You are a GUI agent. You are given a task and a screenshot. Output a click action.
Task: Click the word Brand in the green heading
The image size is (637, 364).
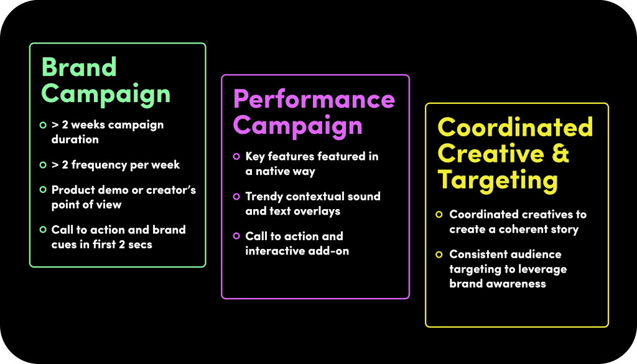click(x=79, y=67)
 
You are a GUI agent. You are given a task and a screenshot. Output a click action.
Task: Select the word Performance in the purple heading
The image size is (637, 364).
click(x=314, y=99)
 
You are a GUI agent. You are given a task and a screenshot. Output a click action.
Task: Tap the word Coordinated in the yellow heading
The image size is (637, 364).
click(x=515, y=127)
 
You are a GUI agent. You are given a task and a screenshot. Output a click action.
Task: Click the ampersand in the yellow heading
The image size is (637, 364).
click(x=560, y=153)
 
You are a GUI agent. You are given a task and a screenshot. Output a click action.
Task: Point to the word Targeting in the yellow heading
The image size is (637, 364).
click(x=498, y=180)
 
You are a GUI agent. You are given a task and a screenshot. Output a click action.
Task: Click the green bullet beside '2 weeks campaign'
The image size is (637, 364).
click(x=43, y=125)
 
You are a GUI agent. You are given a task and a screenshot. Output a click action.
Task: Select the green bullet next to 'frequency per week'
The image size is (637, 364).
click(x=43, y=165)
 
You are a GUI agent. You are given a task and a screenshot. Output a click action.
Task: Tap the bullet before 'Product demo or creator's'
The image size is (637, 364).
click(x=43, y=190)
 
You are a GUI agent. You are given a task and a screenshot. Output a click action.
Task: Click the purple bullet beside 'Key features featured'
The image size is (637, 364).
click(x=236, y=156)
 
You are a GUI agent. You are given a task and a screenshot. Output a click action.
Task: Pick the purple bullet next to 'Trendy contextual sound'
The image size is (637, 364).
click(x=236, y=197)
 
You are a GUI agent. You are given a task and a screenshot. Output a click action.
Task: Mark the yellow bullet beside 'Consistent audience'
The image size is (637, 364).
click(x=439, y=254)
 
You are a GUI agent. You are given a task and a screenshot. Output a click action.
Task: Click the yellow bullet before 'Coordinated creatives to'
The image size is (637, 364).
click(x=439, y=215)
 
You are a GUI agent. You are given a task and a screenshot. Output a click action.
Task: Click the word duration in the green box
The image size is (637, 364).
click(x=75, y=139)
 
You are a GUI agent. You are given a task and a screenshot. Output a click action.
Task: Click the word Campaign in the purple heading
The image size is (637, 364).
click(x=298, y=126)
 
